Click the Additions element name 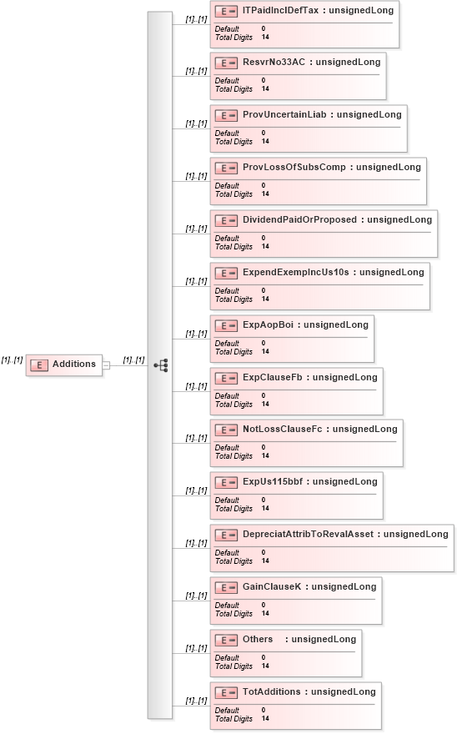[74, 364]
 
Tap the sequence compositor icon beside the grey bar [161, 365]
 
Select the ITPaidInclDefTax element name [280, 10]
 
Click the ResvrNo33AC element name [274, 62]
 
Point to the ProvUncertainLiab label [284, 114]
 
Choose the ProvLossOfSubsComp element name [294, 167]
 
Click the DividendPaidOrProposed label [299, 219]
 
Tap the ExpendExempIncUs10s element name [296, 272]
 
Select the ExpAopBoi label [268, 324]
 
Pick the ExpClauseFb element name [273, 377]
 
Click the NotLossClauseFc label [283, 429]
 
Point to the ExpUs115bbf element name [273, 481]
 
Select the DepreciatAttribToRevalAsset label [308, 534]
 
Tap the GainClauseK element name [272, 586]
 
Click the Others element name [258, 639]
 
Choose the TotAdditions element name [272, 691]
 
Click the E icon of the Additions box [39, 365]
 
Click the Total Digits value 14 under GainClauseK [265, 613]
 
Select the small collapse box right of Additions [106, 365]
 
